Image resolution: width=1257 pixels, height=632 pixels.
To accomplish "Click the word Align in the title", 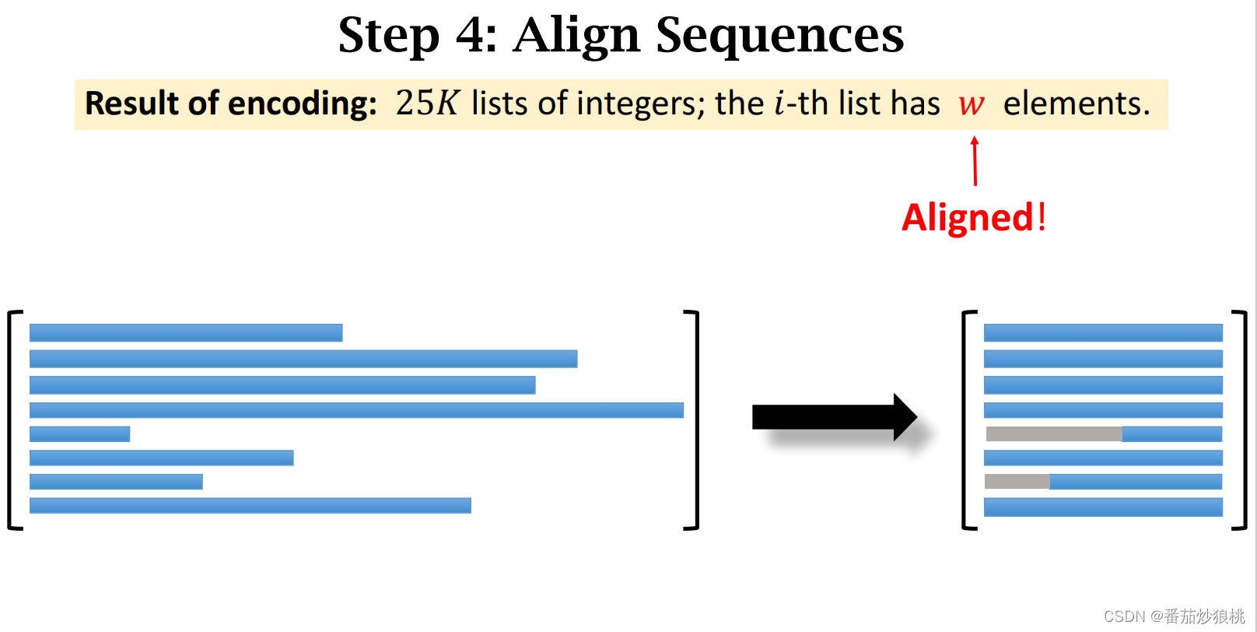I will tap(576, 36).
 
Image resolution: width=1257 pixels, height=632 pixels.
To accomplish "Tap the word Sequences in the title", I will tap(779, 36).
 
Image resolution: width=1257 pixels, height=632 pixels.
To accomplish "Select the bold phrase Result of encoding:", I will tap(231, 104).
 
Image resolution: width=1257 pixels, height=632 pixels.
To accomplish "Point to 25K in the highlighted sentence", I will tap(427, 104).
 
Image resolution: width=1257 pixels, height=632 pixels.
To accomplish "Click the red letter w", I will tap(972, 104).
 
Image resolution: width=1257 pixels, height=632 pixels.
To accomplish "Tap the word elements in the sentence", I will tap(1076, 104).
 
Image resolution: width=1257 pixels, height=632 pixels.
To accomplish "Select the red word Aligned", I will tap(968, 217).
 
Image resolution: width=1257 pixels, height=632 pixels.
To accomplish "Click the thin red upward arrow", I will tap(975, 161).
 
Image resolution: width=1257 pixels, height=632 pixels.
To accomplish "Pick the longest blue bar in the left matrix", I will tap(356, 410).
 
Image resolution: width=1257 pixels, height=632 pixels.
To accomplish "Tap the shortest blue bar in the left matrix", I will tap(79, 434).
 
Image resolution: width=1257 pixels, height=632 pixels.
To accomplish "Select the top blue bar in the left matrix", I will tap(186, 332).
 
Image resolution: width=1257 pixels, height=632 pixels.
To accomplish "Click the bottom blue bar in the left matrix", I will tap(250, 505).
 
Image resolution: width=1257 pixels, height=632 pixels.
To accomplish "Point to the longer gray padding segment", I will tap(1053, 434).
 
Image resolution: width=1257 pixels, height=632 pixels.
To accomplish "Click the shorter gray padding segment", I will tap(1017, 482).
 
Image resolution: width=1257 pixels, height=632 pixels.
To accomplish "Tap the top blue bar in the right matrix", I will tap(1103, 332).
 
